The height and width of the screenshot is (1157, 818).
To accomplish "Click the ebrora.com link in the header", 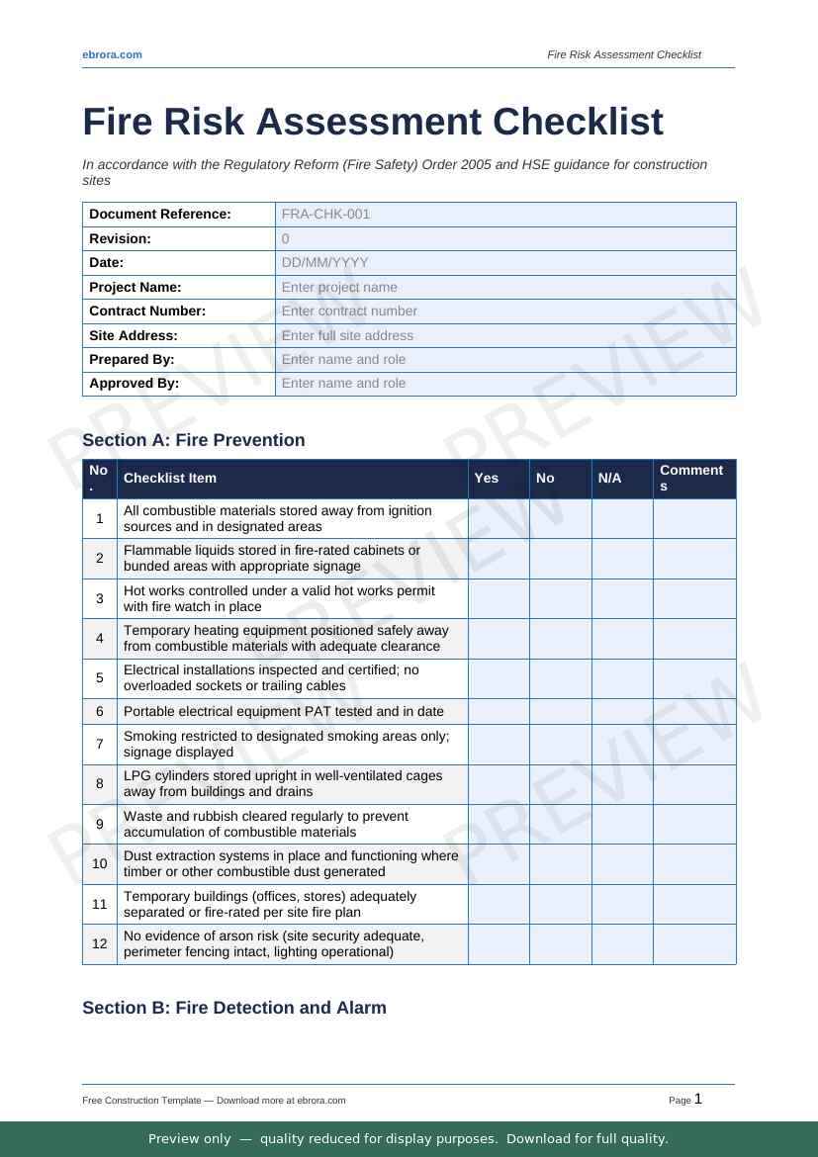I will (x=112, y=54).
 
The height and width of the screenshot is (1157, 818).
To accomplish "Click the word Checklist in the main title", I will (x=577, y=122).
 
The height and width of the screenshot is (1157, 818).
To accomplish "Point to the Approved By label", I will (x=135, y=383).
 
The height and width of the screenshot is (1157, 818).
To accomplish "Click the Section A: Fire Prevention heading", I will (x=194, y=440).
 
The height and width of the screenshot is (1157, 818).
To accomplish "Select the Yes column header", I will (x=487, y=478).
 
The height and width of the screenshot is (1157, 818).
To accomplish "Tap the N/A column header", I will (x=609, y=478).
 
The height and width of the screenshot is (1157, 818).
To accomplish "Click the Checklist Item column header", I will (x=169, y=478).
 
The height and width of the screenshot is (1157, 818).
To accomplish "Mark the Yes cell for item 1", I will (x=499, y=518).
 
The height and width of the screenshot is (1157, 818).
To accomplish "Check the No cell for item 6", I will (x=560, y=711).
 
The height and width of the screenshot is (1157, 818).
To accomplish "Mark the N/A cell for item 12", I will (x=622, y=943).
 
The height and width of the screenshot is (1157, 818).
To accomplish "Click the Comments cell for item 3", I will (x=694, y=598).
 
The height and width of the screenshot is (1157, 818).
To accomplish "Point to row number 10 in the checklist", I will (x=100, y=863).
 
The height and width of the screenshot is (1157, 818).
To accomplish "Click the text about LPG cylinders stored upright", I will (x=283, y=783).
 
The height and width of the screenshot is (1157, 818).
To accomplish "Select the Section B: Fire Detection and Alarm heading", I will (x=234, y=1008).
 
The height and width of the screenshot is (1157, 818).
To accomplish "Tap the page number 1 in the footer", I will (x=698, y=1099).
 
